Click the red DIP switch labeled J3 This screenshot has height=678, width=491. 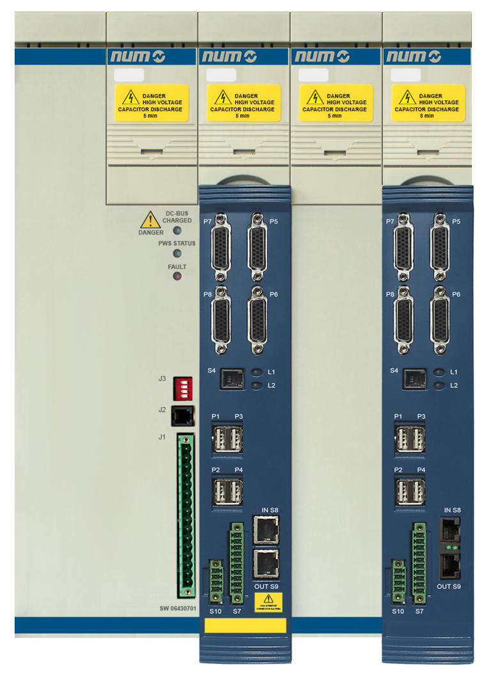183,388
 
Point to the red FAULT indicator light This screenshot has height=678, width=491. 177,276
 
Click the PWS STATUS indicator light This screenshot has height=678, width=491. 177,254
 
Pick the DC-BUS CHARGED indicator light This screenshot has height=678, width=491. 178,230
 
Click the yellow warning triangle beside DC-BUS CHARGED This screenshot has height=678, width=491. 150,220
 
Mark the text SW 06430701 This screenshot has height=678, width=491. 177,608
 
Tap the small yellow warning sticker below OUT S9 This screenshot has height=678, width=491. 269,601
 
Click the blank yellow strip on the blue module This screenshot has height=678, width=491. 245,625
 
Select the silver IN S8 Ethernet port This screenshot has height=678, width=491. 265,530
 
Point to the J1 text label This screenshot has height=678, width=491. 162,437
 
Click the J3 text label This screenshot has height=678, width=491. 162,379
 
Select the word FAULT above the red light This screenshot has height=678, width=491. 177,266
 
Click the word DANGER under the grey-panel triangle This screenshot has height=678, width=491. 151,233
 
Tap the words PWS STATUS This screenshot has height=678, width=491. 177,243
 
